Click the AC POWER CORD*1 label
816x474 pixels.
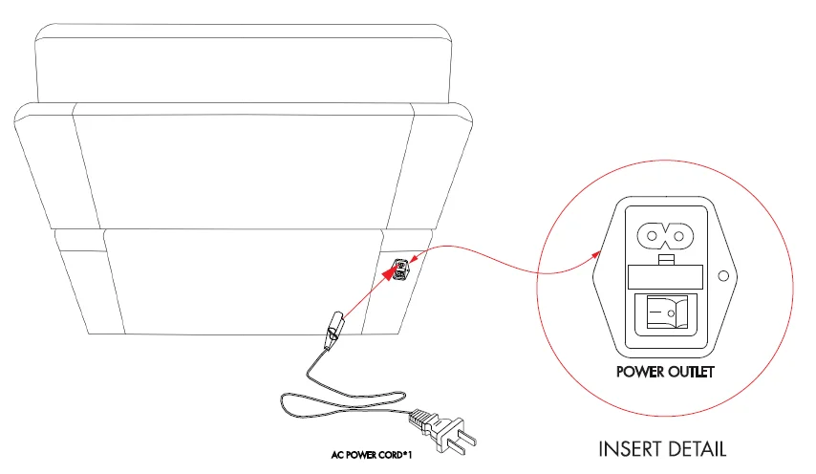coord(372,455)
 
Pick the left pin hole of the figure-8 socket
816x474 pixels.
coord(652,236)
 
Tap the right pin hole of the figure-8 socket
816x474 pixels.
coord(678,236)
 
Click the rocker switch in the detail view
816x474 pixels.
coord(667,312)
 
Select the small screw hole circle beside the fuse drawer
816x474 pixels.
coord(723,276)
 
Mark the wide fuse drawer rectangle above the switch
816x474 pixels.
coord(666,277)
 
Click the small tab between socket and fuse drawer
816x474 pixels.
coord(666,260)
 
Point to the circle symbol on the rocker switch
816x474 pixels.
coord(672,313)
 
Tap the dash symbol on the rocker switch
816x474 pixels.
coord(655,312)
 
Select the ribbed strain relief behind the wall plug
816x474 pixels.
coord(420,418)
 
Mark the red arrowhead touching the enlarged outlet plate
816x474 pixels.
coord(596,254)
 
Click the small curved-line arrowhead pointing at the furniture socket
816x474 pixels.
coord(413,259)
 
